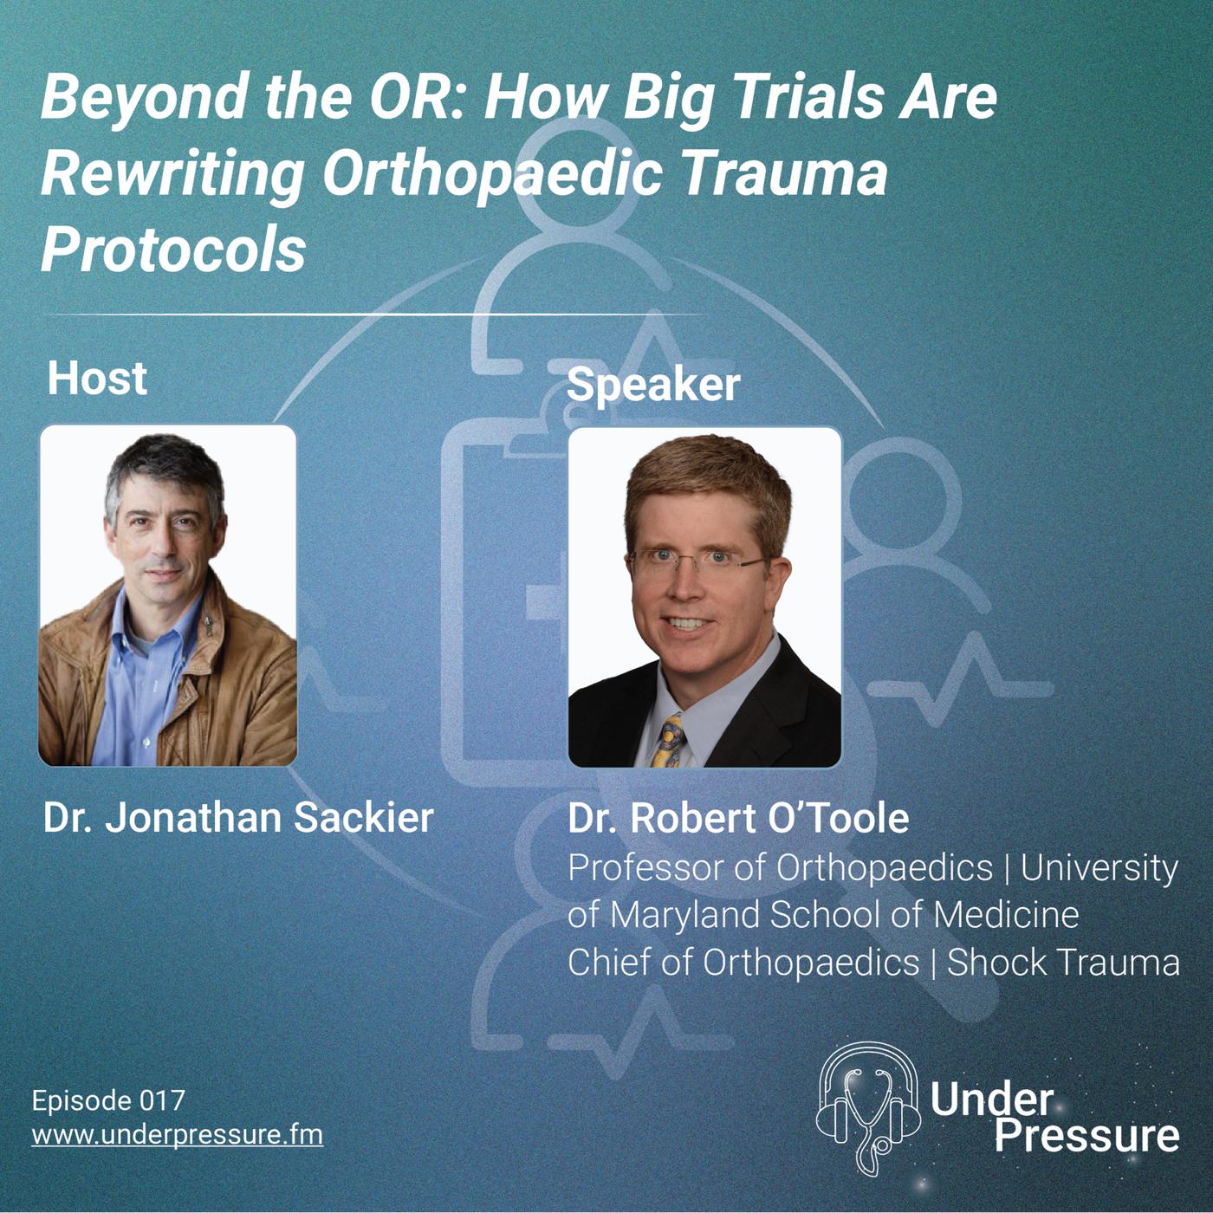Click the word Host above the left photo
pyautogui.click(x=97, y=379)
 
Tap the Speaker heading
pyautogui.click(x=652, y=385)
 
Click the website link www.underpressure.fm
pyautogui.click(x=177, y=1134)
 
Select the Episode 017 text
pyautogui.click(x=108, y=1101)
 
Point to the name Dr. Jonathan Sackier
pyautogui.click(x=238, y=818)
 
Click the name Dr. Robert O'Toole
pyautogui.click(x=738, y=818)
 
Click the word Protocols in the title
pyautogui.click(x=173, y=250)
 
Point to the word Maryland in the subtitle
pyautogui.click(x=686, y=915)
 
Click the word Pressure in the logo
pyautogui.click(x=1087, y=1135)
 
